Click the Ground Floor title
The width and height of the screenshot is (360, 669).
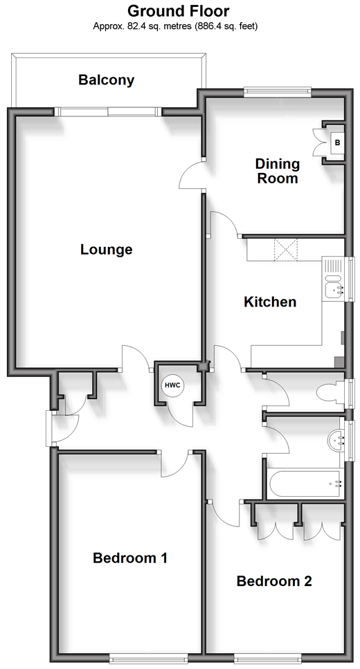point(179,10)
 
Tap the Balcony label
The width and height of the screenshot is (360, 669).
point(107,80)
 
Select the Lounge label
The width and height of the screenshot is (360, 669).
point(107,250)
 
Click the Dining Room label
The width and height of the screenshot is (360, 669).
point(277,171)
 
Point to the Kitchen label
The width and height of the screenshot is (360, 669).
point(270,302)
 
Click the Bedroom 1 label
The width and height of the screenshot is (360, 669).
point(130,558)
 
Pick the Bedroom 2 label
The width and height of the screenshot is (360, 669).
point(274,580)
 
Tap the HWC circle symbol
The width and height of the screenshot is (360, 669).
point(172,385)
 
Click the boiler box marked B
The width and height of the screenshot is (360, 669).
point(337,143)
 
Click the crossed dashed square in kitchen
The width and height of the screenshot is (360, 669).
point(286,250)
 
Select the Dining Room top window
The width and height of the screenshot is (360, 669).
point(278,90)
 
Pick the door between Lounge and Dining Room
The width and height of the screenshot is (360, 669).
point(191,175)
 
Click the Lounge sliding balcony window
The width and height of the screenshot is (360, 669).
point(109,112)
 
